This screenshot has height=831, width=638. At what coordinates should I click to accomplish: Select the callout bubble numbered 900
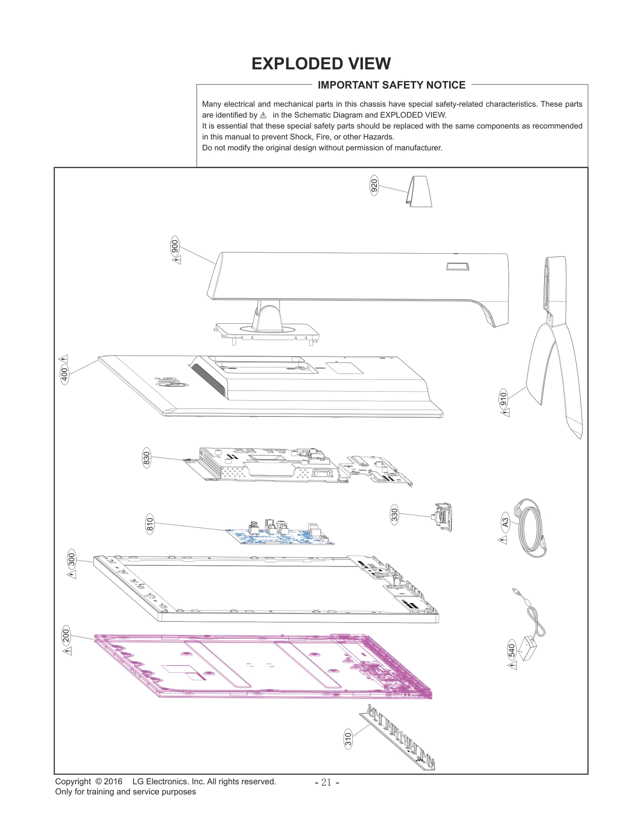[x=175, y=246]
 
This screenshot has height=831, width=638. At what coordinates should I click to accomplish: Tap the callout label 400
[x=64, y=375]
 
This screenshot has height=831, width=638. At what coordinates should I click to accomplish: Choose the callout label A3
[x=505, y=522]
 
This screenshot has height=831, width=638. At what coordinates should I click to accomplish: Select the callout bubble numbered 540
[x=512, y=651]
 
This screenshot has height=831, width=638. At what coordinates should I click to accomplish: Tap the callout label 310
[x=348, y=739]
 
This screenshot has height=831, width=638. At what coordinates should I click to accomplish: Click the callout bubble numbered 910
[x=504, y=399]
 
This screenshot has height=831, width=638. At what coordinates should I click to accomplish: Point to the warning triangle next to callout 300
[x=72, y=574]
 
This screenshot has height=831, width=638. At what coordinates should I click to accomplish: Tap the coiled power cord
[x=530, y=528]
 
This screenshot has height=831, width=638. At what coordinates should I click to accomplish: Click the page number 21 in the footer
[x=327, y=783]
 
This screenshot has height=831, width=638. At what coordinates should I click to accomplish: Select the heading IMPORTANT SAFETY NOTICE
[x=391, y=85]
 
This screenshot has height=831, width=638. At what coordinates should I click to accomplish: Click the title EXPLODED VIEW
[x=321, y=64]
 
